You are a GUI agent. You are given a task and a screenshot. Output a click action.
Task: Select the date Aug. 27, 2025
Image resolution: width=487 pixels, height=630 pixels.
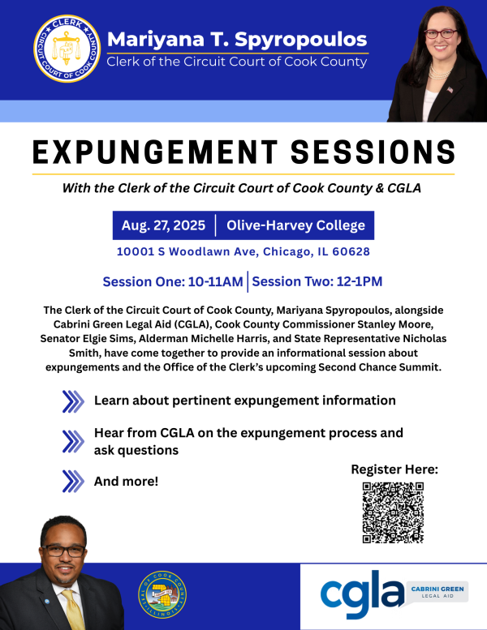163,225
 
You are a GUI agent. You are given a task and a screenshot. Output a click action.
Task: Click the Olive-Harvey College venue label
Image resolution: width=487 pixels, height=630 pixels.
295,225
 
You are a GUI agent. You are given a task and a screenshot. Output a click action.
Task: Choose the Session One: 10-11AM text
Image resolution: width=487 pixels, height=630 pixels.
173,282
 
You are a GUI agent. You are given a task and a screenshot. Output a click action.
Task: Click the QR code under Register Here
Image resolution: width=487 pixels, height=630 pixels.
393,512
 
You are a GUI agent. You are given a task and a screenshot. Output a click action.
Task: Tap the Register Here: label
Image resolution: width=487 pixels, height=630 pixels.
394,469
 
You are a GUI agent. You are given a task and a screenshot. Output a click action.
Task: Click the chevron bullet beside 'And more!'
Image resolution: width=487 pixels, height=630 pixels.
73,482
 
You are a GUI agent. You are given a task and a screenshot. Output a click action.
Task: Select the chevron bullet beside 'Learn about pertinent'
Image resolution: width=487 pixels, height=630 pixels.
73,401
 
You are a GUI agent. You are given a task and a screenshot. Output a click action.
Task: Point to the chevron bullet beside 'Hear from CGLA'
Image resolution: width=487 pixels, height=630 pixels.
73,441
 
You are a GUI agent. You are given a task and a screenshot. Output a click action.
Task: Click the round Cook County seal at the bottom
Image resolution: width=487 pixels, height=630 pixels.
162,594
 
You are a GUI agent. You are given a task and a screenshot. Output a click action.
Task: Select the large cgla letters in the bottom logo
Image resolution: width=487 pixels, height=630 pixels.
361,594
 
